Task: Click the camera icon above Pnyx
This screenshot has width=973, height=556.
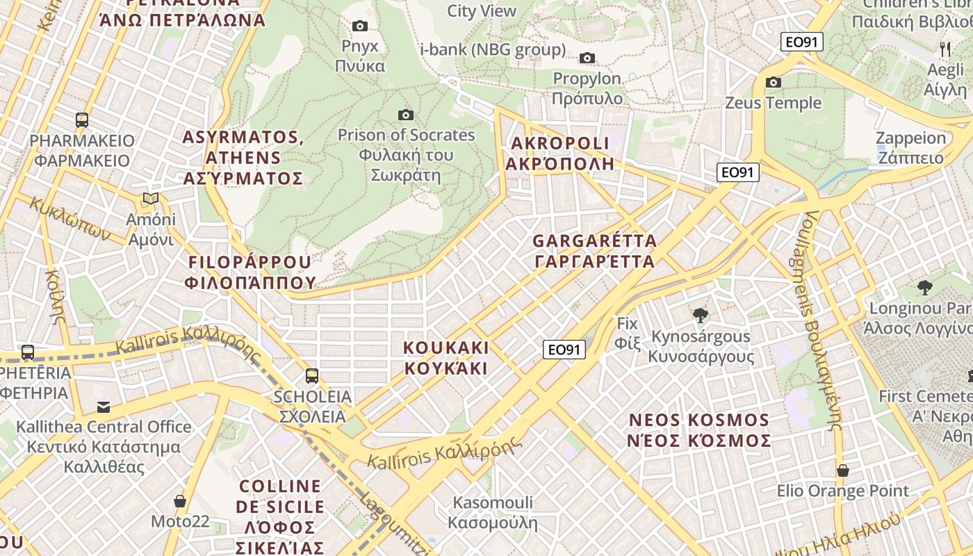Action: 359,26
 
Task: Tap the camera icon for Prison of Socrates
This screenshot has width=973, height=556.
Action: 406,115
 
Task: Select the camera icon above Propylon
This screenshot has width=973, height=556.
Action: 587,58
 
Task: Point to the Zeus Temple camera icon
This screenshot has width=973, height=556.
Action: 773,83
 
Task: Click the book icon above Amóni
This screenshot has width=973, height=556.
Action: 151,199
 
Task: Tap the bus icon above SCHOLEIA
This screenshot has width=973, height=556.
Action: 312,376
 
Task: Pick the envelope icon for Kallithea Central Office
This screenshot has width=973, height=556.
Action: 104,407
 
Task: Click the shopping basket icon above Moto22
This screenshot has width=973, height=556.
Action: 180,501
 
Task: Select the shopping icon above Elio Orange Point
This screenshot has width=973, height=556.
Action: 843,471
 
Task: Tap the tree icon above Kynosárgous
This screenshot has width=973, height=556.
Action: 701,316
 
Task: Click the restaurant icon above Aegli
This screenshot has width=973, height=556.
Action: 945,49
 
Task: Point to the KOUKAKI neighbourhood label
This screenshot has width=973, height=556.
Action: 447,357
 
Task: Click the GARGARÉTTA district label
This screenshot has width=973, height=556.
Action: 594,251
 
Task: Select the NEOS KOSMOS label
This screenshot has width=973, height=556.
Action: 699,430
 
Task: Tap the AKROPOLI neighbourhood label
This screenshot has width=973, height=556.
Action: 559,154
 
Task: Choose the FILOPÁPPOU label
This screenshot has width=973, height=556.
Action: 250,272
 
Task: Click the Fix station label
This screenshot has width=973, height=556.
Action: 627,333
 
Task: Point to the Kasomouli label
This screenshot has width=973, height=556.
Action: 493,512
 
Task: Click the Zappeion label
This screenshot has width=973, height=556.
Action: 910,147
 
